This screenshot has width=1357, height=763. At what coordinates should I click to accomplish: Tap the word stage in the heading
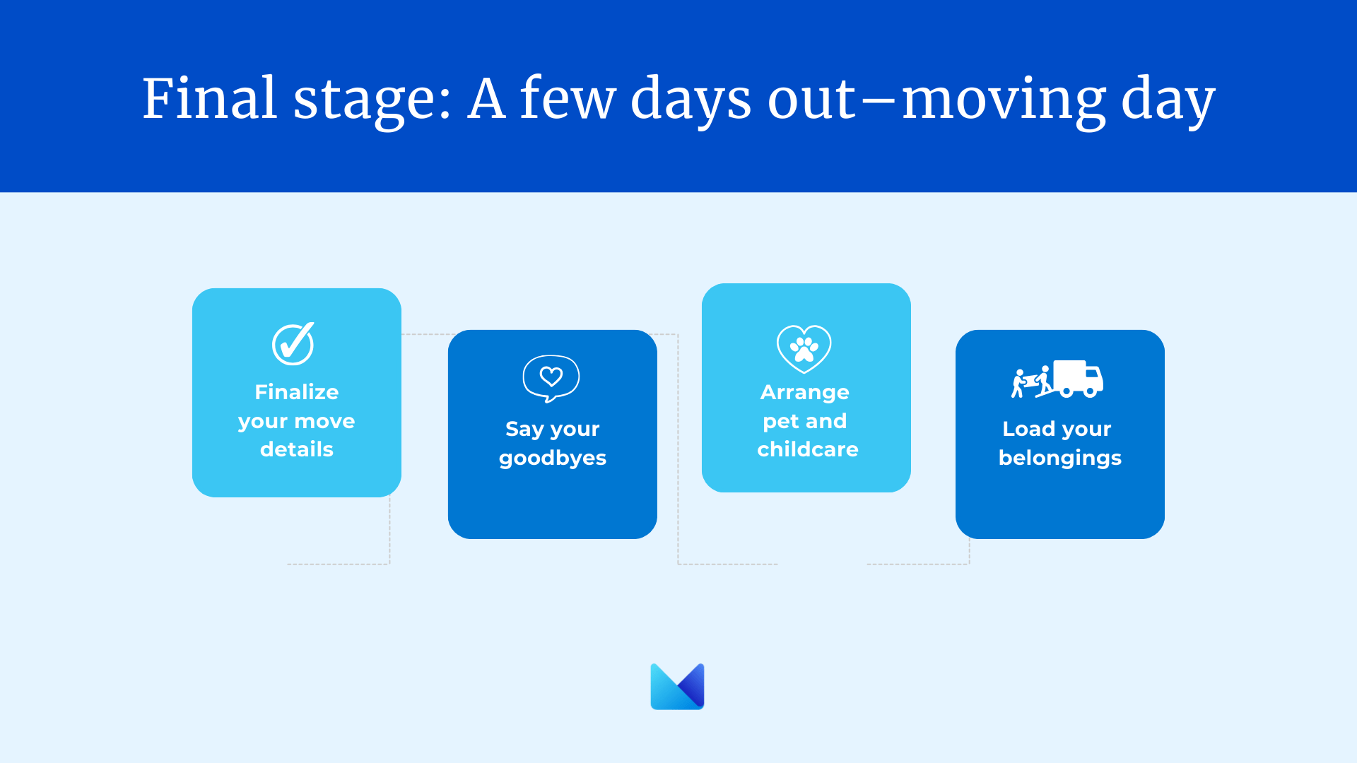click(372, 102)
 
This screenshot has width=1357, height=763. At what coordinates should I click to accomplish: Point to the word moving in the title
click(1004, 102)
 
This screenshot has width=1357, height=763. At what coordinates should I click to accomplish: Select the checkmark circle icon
click(293, 344)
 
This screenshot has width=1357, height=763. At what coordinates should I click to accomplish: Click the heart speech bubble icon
click(551, 379)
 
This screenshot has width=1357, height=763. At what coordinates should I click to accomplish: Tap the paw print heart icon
click(804, 349)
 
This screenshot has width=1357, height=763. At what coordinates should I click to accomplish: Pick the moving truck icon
click(1057, 379)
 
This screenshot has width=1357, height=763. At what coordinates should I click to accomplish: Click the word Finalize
click(297, 392)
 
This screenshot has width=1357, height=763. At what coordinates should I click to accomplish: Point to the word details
click(297, 449)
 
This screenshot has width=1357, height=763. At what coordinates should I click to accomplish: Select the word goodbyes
click(553, 459)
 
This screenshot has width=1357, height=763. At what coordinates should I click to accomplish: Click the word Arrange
click(805, 393)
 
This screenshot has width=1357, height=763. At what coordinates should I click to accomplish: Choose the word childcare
click(808, 449)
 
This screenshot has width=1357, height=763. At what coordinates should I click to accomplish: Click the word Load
click(1028, 429)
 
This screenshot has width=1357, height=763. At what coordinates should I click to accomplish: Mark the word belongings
click(1060, 459)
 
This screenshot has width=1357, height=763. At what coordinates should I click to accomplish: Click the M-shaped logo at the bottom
click(677, 686)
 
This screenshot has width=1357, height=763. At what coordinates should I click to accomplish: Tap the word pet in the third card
click(780, 422)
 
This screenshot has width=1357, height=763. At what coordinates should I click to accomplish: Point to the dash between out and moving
click(879, 102)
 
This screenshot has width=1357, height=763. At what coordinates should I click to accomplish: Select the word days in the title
click(691, 102)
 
